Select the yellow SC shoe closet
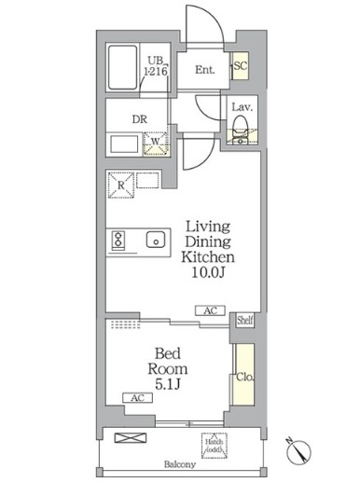point(240,66)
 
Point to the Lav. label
point(241,106)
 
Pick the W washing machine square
point(155,145)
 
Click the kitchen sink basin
point(154,239)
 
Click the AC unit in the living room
point(211,310)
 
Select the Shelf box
point(243,320)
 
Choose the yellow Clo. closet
point(242,378)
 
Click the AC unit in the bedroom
point(136,397)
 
